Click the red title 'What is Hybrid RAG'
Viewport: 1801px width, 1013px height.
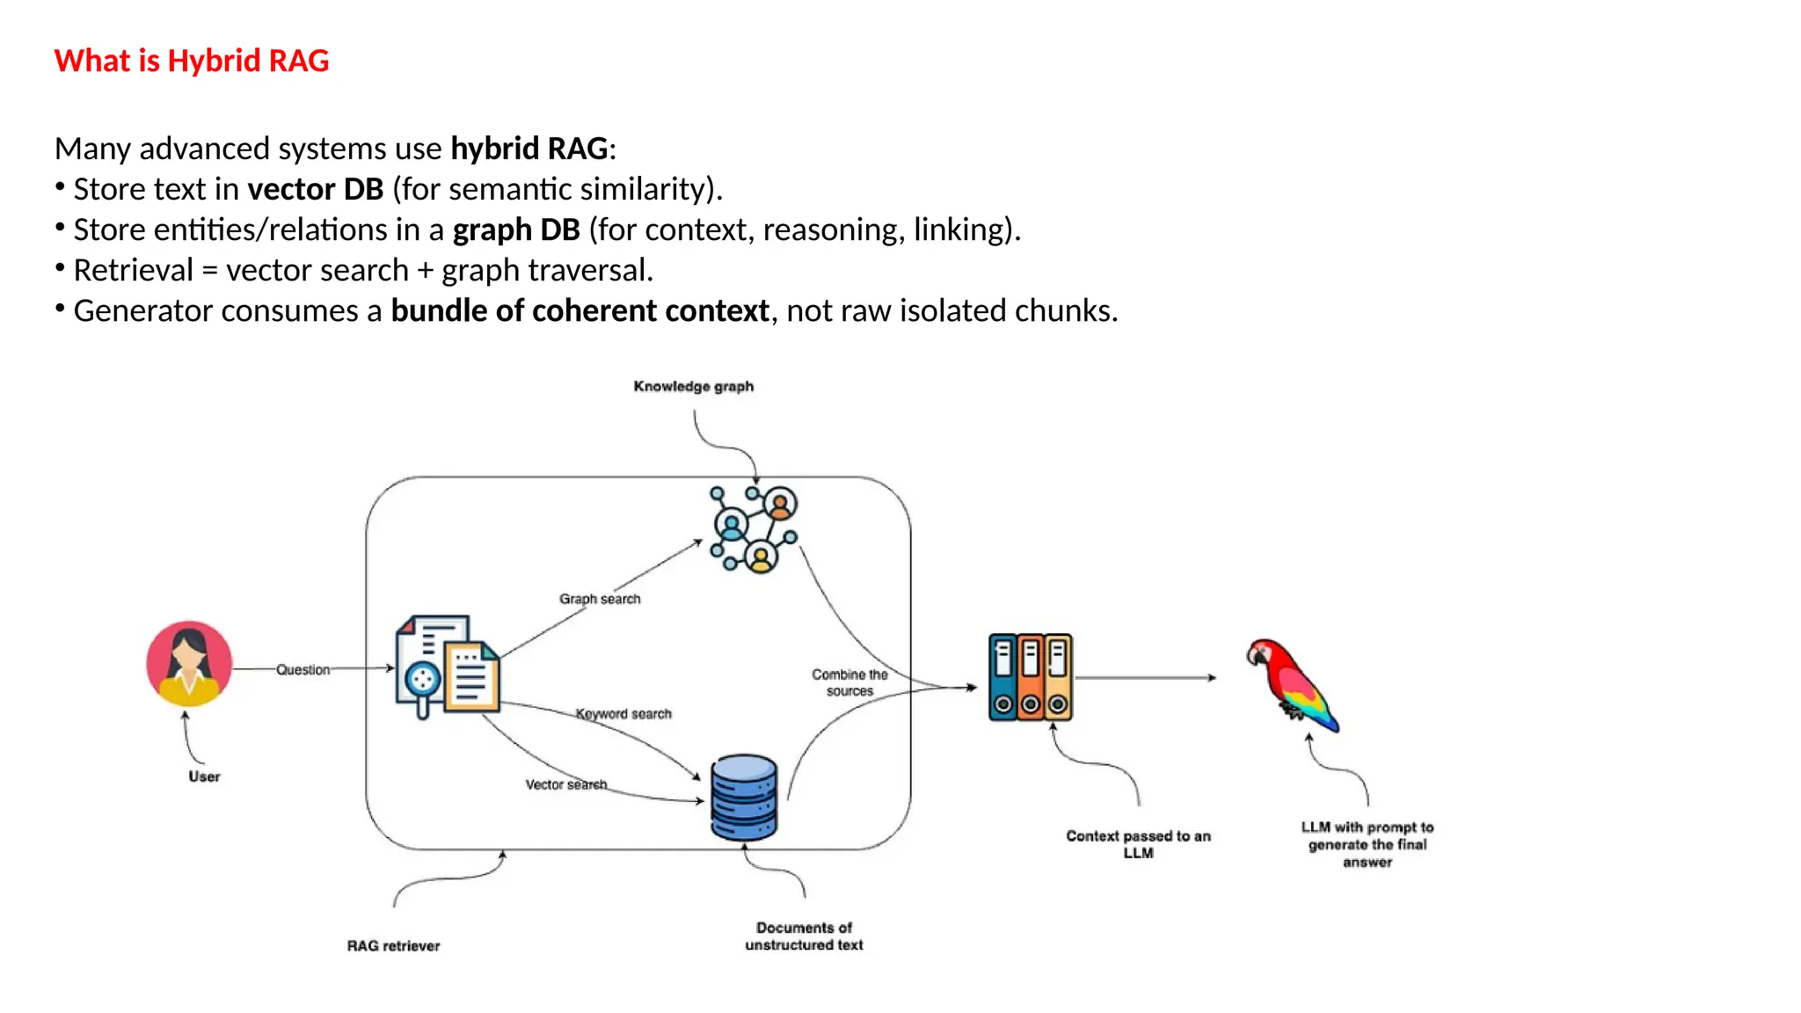click(x=191, y=61)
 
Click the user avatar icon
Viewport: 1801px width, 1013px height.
click(x=189, y=664)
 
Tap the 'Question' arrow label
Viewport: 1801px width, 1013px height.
click(x=303, y=669)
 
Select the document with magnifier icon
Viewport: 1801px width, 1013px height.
click(x=447, y=666)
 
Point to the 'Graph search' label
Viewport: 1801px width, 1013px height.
click(x=600, y=599)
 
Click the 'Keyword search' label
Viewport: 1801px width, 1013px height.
click(x=623, y=714)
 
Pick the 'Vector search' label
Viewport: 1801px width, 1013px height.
click(x=565, y=784)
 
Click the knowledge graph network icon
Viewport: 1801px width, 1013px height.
click(x=754, y=529)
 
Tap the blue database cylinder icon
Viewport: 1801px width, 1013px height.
click(x=744, y=798)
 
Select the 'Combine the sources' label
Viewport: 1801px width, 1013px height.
click(x=849, y=682)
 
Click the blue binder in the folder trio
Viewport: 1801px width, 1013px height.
click(x=1003, y=677)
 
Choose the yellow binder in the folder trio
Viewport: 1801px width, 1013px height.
click(x=1059, y=677)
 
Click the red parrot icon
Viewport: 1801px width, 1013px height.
click(x=1292, y=685)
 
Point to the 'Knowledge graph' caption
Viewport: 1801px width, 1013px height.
click(x=693, y=386)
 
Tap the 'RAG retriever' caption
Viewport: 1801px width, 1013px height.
click(x=393, y=945)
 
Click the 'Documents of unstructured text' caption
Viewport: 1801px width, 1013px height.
click(x=804, y=936)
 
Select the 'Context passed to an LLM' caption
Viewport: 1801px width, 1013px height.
click(x=1138, y=844)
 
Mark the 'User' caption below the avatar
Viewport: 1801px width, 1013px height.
click(x=204, y=776)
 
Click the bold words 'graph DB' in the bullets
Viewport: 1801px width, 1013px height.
click(x=516, y=230)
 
